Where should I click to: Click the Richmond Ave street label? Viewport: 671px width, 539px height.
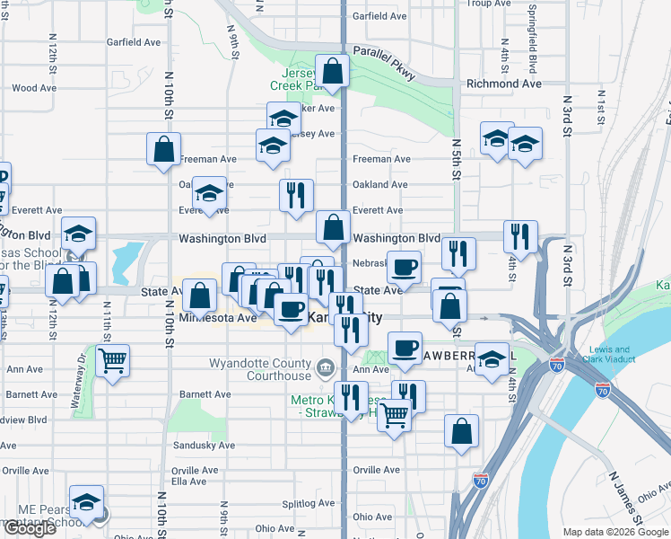[x=503, y=84]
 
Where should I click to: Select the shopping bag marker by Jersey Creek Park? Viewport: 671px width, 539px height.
[x=332, y=71]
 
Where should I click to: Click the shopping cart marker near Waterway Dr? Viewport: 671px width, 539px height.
[x=112, y=361]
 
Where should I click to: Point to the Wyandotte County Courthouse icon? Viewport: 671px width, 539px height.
[x=325, y=367]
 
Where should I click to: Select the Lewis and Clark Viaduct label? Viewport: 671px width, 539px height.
[x=614, y=355]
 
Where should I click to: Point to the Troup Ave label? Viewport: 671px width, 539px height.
[x=489, y=4]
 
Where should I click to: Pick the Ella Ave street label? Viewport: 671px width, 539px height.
[x=189, y=481]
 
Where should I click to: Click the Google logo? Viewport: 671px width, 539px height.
[x=29, y=528]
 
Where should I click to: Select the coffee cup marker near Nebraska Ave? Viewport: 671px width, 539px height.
[x=405, y=267]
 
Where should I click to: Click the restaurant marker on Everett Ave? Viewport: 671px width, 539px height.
[x=296, y=195]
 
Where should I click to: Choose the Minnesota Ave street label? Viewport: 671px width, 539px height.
[x=218, y=318]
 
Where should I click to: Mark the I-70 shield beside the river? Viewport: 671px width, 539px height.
[x=602, y=389]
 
